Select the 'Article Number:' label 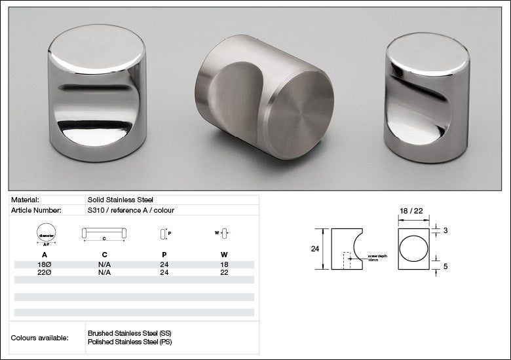[36, 210]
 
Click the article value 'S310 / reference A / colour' [131, 210]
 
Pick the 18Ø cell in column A [45, 264]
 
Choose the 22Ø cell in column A [45, 272]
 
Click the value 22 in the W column [223, 272]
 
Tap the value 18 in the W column [223, 264]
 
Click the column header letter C [104, 255]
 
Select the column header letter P [164, 255]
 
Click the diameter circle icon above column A [45, 234]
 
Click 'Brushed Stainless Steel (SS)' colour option [129, 333]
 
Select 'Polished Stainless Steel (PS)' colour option [129, 342]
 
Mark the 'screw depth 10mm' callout [377, 259]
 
